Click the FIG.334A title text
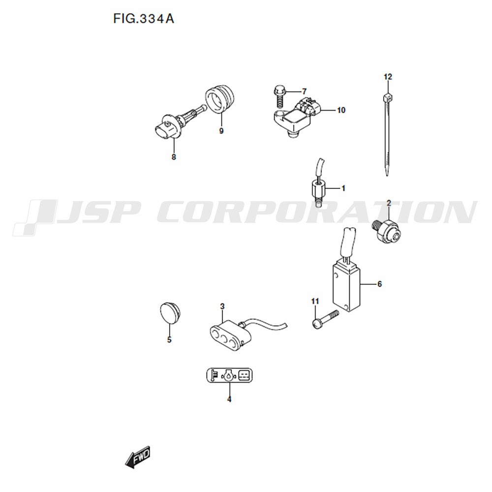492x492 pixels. point(143,19)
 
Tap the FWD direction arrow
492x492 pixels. point(138,457)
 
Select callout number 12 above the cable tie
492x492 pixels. point(388,77)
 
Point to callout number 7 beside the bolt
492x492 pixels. point(304,92)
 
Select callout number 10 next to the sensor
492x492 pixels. point(341,110)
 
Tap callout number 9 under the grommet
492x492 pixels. point(221,131)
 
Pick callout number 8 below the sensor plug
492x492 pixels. point(174,157)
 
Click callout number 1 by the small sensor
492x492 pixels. point(343,188)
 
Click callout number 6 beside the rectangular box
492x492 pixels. point(379,284)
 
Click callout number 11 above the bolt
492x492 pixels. point(315,302)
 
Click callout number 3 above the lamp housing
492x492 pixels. point(222,306)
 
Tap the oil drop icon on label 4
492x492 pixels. point(229,375)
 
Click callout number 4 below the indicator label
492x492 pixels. point(229,400)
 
